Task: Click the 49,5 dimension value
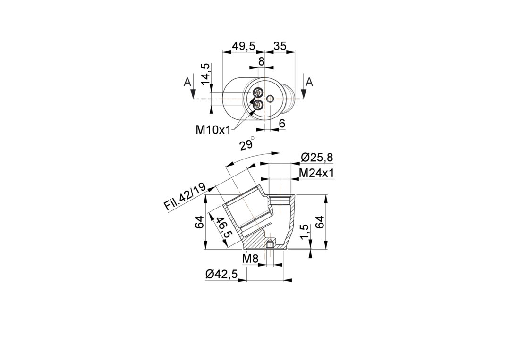[x=243, y=46]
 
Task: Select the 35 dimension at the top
[x=280, y=46]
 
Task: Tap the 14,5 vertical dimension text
[x=205, y=74]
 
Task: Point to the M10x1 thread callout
[x=213, y=130]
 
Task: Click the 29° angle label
[x=247, y=143]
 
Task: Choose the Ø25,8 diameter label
[x=317, y=158]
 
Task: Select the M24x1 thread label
[x=316, y=173]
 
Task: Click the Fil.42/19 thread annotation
[x=185, y=197]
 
